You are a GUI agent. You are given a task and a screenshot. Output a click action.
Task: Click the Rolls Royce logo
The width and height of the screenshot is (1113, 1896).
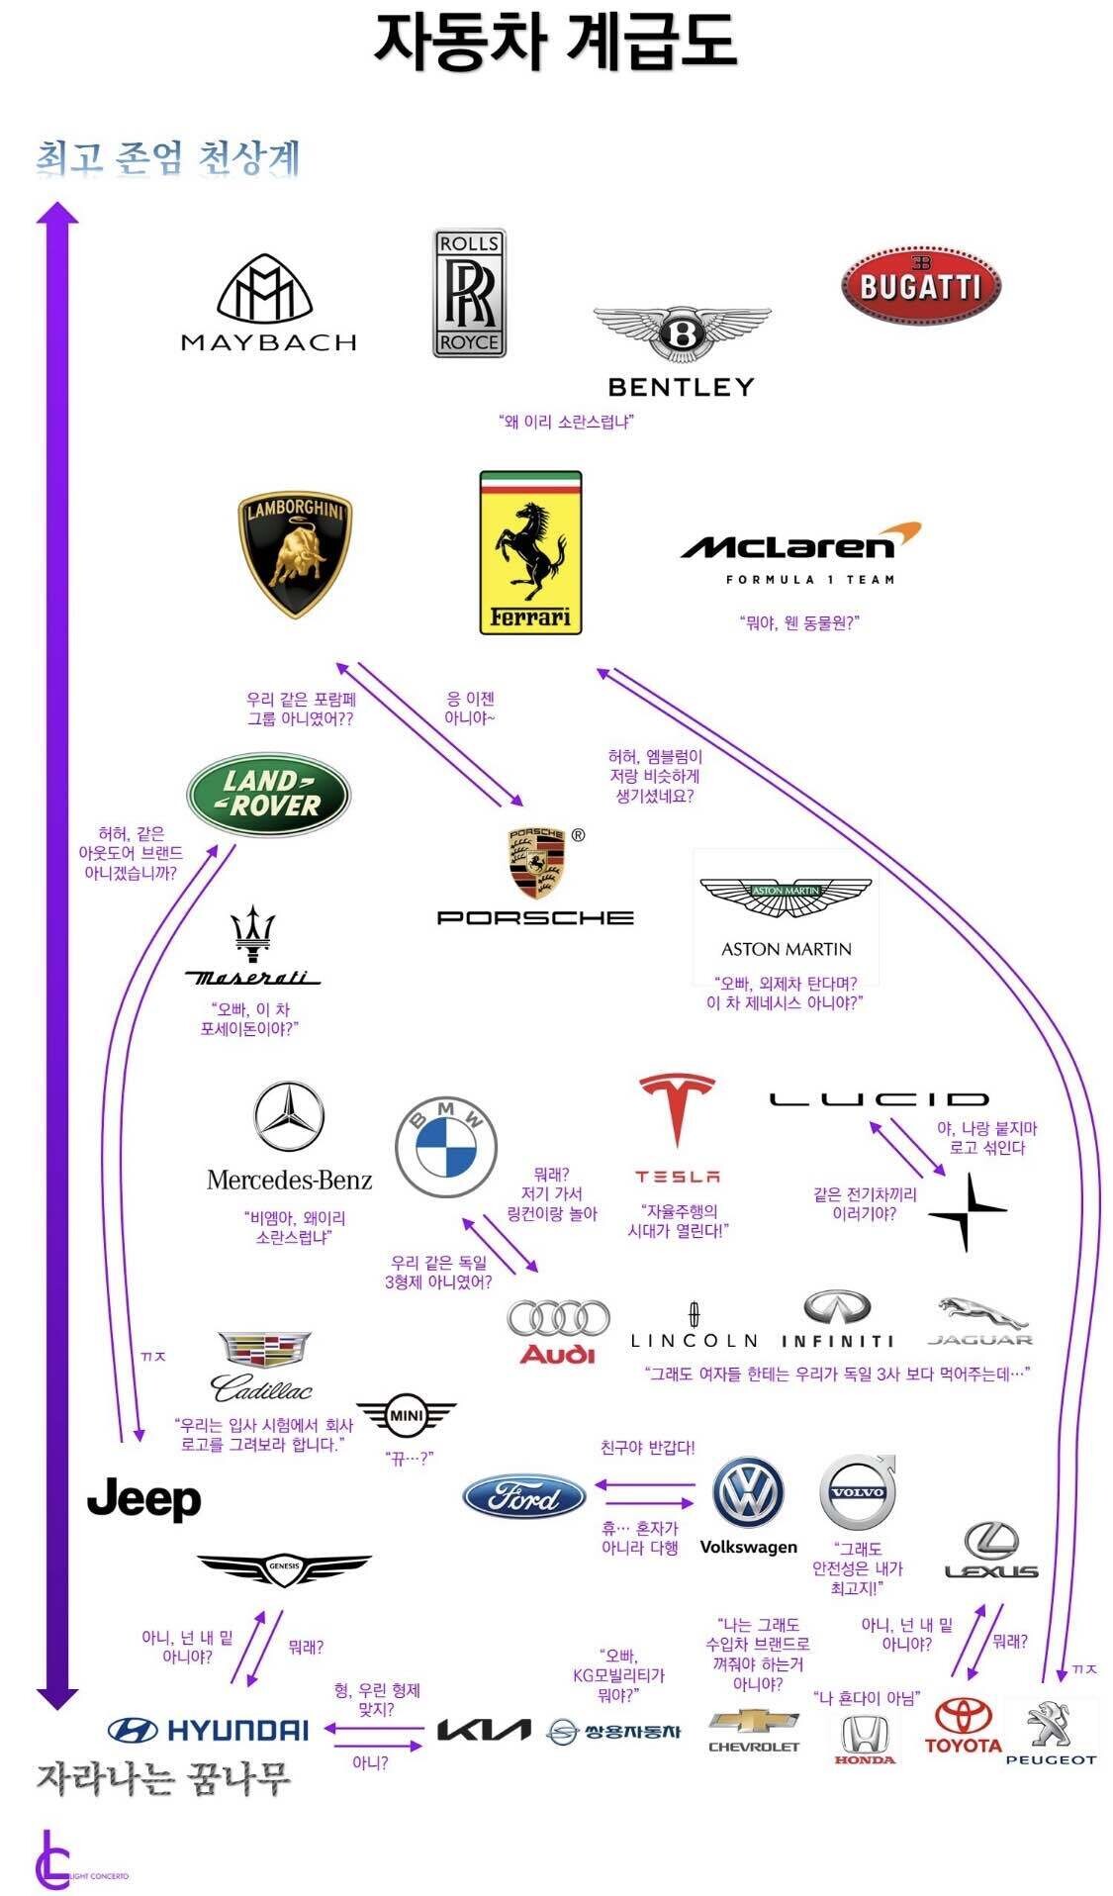click(x=469, y=293)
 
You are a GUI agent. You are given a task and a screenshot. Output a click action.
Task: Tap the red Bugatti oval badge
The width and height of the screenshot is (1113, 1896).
click(x=920, y=285)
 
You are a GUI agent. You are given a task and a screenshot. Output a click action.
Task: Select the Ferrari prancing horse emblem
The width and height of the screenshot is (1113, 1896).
click(x=530, y=552)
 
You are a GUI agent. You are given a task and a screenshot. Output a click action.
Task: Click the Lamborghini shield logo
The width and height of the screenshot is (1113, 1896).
click(x=296, y=554)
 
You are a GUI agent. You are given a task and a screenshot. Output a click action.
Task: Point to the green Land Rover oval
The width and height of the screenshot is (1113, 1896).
click(x=268, y=795)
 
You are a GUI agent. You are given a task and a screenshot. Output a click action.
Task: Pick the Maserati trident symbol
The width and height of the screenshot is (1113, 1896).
click(x=252, y=933)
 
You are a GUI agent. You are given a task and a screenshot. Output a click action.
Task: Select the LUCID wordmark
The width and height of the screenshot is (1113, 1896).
click(x=879, y=1098)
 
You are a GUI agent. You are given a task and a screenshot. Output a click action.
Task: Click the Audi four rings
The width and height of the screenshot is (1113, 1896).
click(x=558, y=1319)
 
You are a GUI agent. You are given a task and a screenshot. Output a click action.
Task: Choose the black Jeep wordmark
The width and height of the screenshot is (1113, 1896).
click(x=144, y=1499)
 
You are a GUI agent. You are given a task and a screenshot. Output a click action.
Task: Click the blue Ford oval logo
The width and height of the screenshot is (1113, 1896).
click(x=524, y=1497)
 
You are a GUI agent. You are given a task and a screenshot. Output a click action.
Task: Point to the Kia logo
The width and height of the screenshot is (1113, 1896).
click(x=484, y=1729)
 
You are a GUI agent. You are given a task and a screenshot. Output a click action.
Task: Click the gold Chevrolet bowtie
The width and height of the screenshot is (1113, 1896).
click(x=754, y=1722)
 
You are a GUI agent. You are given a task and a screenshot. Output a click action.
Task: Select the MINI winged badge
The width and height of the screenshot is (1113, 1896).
click(x=406, y=1416)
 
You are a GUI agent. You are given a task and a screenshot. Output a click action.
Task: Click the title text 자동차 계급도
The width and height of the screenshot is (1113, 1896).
click(x=555, y=42)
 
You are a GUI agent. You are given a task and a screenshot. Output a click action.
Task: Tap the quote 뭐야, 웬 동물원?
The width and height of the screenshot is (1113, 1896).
click(x=799, y=622)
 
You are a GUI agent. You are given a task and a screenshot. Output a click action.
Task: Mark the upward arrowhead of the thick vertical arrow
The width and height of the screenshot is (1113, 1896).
click(x=57, y=213)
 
